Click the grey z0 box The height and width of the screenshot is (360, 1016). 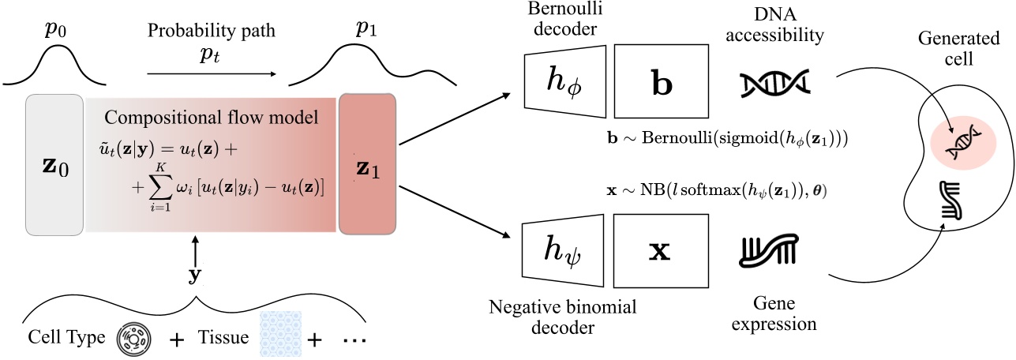pos(54,164)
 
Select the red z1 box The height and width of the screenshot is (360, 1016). pos(367,164)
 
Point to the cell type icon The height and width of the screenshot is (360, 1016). pos(133,339)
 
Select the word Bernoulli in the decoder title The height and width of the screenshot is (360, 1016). pos(563,13)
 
